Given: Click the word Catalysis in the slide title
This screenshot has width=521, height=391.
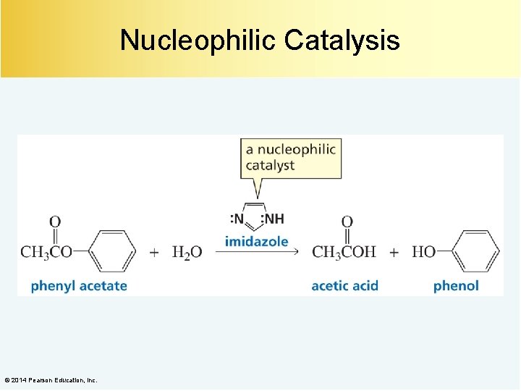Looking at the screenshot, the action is coord(342,41).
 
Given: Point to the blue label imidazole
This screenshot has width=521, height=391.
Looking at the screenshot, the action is coord(256,241).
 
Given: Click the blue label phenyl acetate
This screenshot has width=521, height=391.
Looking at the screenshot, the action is coord(79,286).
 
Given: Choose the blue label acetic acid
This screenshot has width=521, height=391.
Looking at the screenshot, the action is coord(344,286).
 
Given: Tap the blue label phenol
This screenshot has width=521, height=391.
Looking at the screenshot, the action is coord(456,286).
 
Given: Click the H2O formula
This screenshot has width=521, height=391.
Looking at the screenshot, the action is coord(187,253).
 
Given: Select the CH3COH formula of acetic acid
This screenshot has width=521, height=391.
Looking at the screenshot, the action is coord(344,253).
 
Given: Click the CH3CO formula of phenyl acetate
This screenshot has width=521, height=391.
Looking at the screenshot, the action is coord(46,253).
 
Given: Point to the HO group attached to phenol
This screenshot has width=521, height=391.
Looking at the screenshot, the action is coord(423,253).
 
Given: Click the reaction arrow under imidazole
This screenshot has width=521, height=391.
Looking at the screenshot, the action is coord(257,253).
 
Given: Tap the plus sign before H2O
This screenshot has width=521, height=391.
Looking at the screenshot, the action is coord(154,253).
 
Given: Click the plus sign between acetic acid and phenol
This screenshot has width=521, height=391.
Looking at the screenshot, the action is coord(394,253).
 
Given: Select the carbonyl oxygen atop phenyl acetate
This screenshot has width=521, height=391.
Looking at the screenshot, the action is coord(55,222).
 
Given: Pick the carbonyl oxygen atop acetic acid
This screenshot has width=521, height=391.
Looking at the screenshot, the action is coord(347,222).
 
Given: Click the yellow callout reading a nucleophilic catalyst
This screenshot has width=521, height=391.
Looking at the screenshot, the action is coord(291,157).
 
